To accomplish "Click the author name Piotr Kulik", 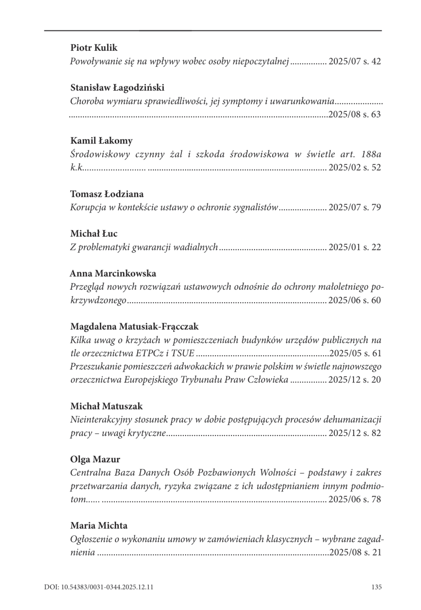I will pyautogui.click(x=94, y=48).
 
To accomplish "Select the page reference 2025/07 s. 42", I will pyautogui.click(x=354, y=61).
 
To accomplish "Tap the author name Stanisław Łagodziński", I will pyautogui.click(x=117, y=88).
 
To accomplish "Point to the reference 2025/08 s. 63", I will pyautogui.click(x=354, y=115).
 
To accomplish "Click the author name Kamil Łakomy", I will pyautogui.click(x=101, y=141).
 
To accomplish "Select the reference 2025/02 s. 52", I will pyautogui.click(x=354, y=168).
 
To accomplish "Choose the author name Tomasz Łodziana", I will pyautogui.click(x=107, y=194).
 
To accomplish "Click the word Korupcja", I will pyautogui.click(x=88, y=207).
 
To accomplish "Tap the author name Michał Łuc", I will pyautogui.click(x=94, y=234).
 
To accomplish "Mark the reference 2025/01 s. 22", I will pyautogui.click(x=354, y=247).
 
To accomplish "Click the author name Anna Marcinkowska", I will pyautogui.click(x=113, y=274).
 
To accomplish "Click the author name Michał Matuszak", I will pyautogui.click(x=107, y=407).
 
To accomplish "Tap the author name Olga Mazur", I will pyautogui.click(x=95, y=460).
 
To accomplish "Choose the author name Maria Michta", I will pyautogui.click(x=99, y=526).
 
